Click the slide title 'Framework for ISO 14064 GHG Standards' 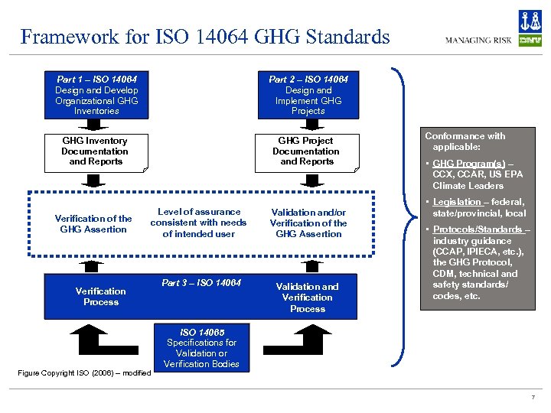pos(204,37)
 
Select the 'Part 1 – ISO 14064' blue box pos(96,95)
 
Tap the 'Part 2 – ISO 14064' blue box pos(308,95)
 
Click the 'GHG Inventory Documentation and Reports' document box pos(96,151)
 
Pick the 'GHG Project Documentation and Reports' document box pos(307,151)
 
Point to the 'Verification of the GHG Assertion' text pos(93,223)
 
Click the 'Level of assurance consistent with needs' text pos(198,223)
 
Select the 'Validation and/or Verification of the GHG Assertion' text pos(308,223)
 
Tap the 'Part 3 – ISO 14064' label pos(201,283)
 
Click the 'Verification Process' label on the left pos(100,296)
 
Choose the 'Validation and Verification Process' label pos(308,298)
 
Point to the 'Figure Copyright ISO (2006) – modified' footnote pos(83,372)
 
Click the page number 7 pos(532,398)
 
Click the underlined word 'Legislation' pos(457,202)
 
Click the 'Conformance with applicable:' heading pos(465,141)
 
